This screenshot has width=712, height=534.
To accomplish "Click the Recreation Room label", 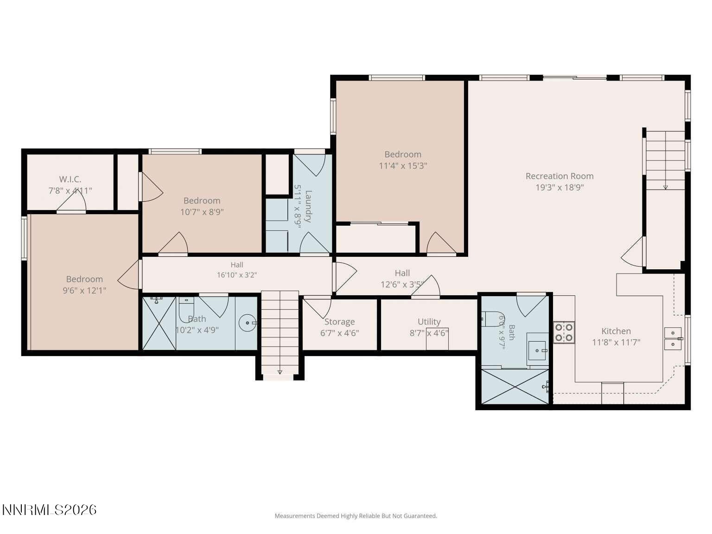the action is pyautogui.click(x=559, y=176).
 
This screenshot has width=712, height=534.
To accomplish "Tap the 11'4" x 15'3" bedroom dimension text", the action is pyautogui.click(x=403, y=165).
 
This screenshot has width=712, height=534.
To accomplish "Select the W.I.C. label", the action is pyautogui.click(x=70, y=179).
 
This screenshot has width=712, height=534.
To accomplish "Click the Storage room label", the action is pyautogui.click(x=339, y=322).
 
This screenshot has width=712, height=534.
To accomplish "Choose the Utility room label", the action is pyautogui.click(x=429, y=322).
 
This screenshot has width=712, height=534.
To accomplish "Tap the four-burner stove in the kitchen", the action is pyautogui.click(x=564, y=332).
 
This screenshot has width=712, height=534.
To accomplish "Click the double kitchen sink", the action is pyautogui.click(x=673, y=338).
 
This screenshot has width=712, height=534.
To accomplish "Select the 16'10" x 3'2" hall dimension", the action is pyautogui.click(x=237, y=275).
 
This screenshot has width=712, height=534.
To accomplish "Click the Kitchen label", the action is pyautogui.click(x=616, y=331).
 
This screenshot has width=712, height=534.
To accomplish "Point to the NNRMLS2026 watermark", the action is pyautogui.click(x=49, y=510).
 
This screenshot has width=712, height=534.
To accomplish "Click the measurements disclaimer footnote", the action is pyautogui.click(x=356, y=516).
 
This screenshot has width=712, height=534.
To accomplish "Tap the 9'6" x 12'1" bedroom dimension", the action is pyautogui.click(x=84, y=290).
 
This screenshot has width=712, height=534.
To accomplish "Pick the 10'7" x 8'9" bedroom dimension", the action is pyautogui.click(x=202, y=212).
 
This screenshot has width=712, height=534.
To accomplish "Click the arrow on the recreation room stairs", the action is pyautogui.click(x=666, y=187).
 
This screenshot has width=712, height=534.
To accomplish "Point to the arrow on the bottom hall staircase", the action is pyautogui.click(x=280, y=372).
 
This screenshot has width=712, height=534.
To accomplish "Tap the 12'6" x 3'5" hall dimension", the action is pyautogui.click(x=402, y=284).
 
